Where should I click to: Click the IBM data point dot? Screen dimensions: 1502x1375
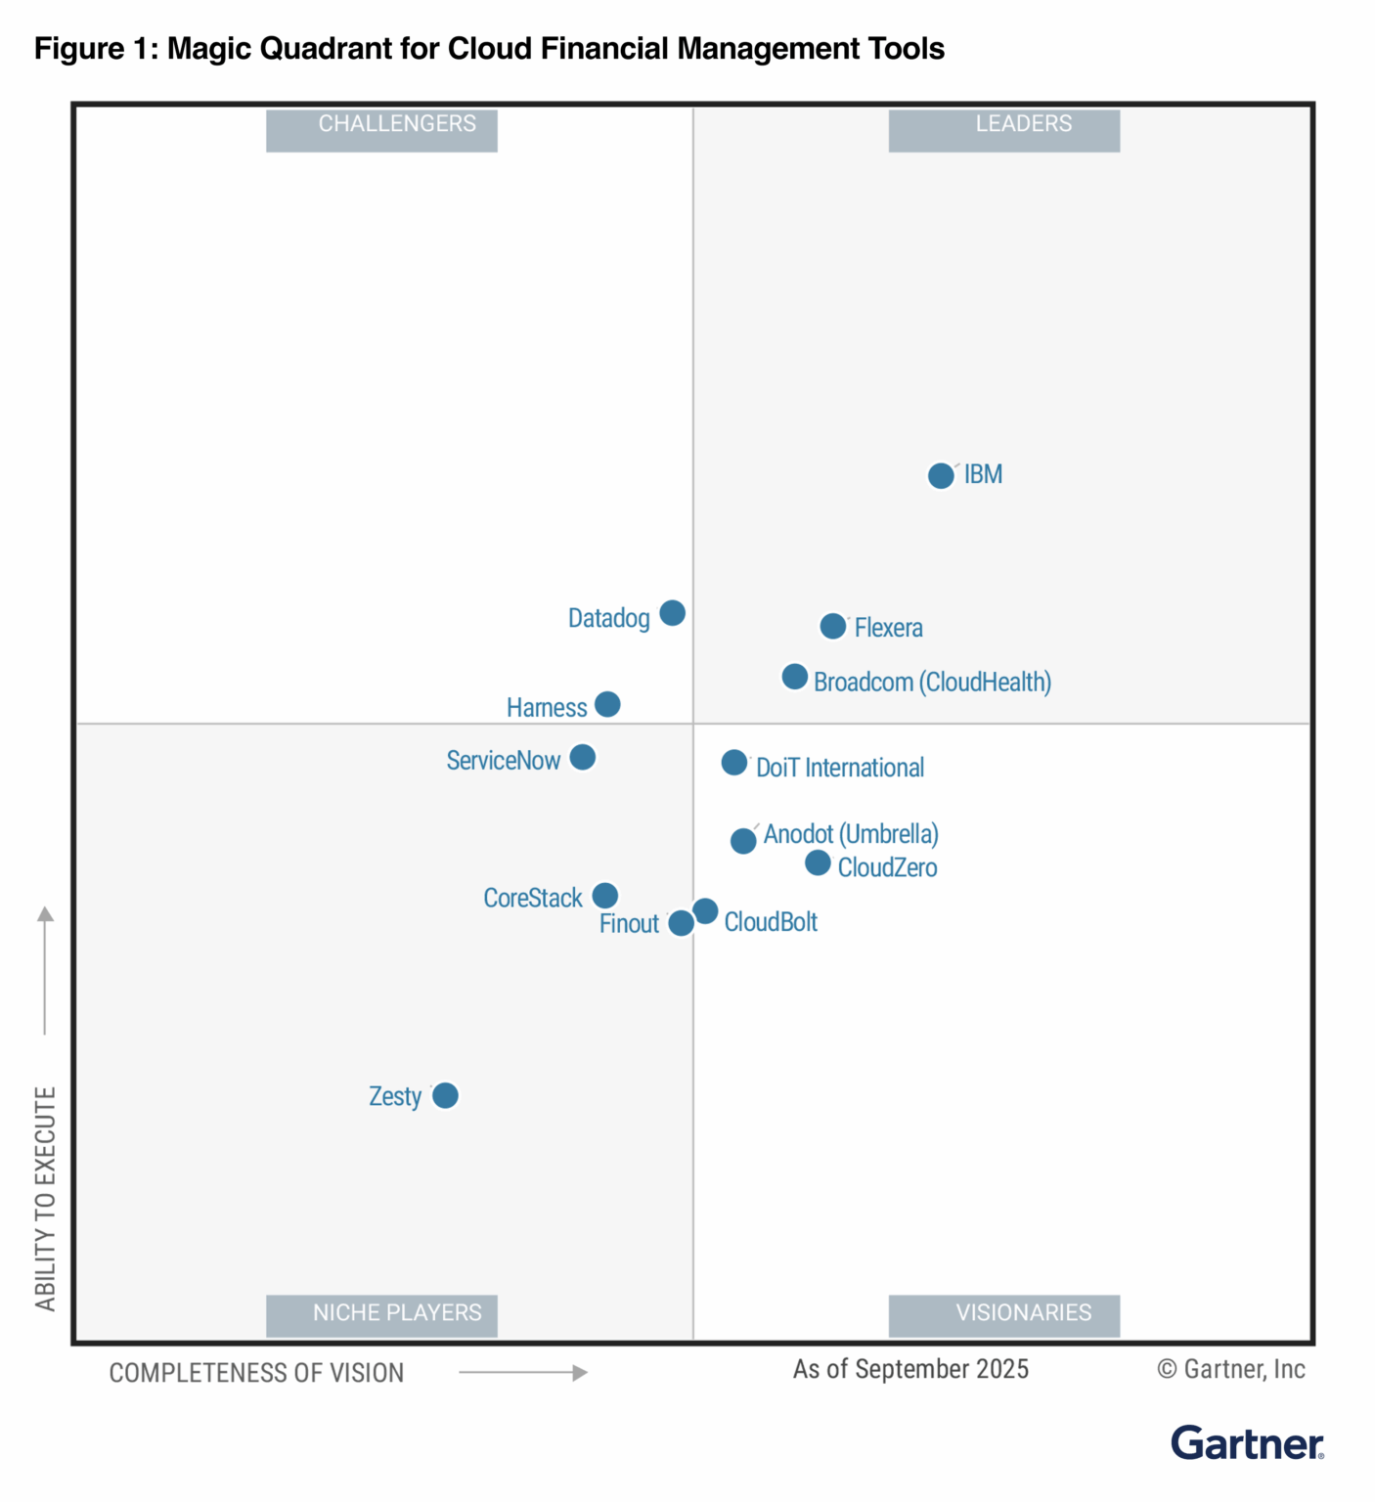click(941, 476)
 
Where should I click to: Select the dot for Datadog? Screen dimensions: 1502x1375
click(672, 613)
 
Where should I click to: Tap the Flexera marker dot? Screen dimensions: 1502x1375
click(832, 626)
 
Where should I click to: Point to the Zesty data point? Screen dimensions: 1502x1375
click(445, 1095)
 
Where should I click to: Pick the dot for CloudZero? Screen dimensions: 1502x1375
click(818, 863)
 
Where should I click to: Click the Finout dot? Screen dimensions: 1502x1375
click(681, 923)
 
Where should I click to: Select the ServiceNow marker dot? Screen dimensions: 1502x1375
click(582, 757)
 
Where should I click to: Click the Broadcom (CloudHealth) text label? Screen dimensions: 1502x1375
click(932, 682)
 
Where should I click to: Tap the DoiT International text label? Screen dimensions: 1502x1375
click(839, 768)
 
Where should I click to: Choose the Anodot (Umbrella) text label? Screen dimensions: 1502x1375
click(851, 834)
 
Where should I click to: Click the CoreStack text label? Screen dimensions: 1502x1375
click(532, 898)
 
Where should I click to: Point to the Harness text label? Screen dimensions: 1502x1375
click(546, 707)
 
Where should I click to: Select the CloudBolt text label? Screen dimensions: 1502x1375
click(771, 922)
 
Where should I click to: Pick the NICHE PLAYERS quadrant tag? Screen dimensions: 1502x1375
click(381, 1315)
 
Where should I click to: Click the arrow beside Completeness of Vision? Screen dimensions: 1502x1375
click(523, 1373)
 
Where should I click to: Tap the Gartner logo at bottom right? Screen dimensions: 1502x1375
click(1247, 1443)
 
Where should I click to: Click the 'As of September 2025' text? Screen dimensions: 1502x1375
click(910, 1369)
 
